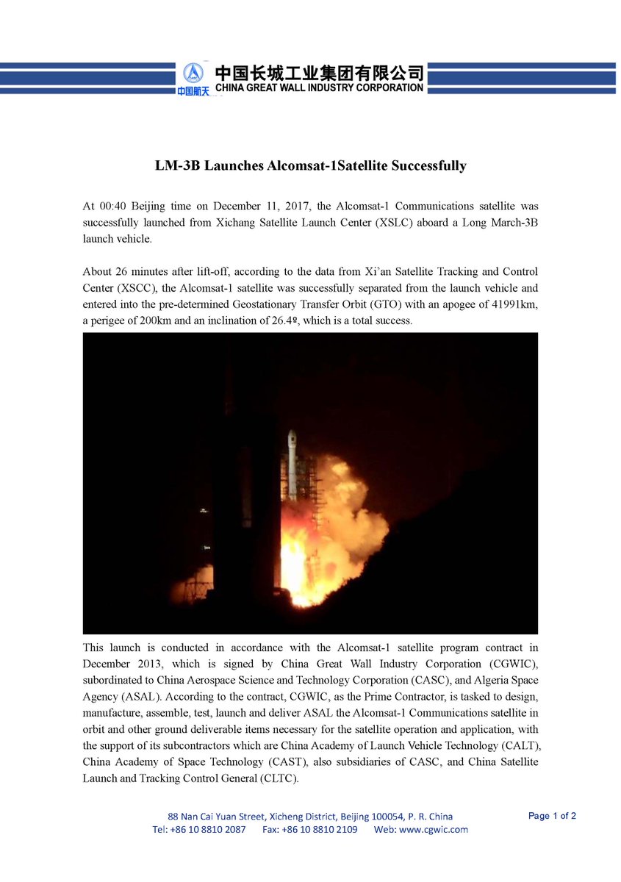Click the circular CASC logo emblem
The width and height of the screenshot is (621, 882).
193,73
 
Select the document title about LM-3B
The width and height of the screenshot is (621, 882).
310,166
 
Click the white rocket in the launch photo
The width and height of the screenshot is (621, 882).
292,463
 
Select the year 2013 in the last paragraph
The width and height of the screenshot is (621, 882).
139,664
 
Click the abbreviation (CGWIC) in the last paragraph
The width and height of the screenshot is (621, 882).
503,664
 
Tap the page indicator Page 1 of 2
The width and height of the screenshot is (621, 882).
552,816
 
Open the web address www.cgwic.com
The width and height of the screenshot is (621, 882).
434,830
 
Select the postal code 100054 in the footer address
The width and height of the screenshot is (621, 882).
381,817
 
